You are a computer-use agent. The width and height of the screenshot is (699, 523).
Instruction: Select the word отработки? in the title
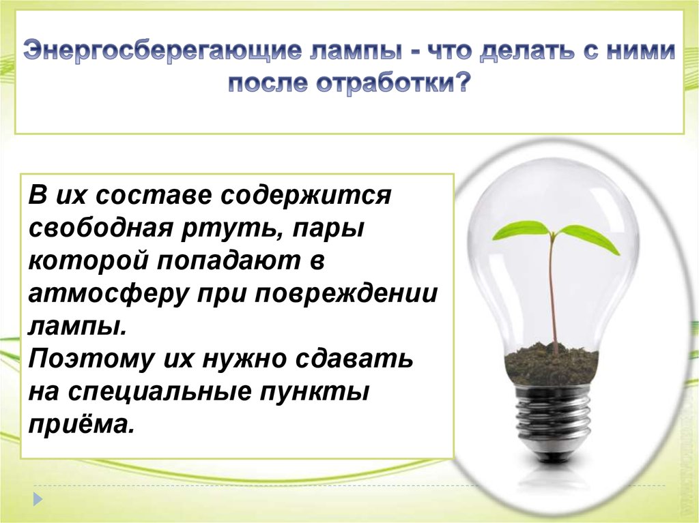(393, 83)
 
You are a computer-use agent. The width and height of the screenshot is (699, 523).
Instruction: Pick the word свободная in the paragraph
(100, 228)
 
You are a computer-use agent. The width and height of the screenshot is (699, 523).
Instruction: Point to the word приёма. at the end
(81, 424)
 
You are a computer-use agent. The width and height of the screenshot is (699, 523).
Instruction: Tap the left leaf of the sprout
(522, 230)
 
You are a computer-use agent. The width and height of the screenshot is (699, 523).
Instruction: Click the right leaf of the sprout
(589, 239)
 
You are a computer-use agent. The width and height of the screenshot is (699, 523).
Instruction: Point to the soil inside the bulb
(552, 364)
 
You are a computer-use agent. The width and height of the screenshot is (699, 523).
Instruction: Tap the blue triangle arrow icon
(38, 499)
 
